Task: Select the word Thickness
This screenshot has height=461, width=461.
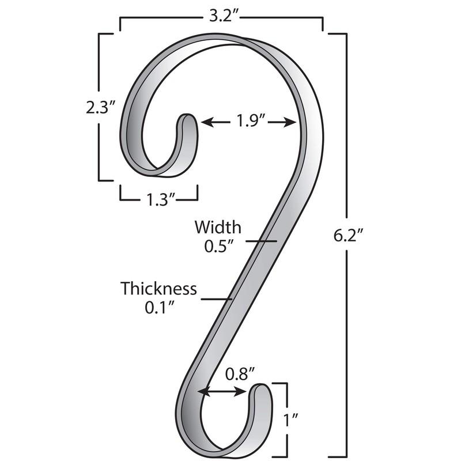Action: [x=158, y=288]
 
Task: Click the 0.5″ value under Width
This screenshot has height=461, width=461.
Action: [x=218, y=246]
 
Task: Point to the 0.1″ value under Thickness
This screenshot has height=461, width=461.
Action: [x=159, y=308]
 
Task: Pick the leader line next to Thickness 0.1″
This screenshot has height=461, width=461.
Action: [x=216, y=298]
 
